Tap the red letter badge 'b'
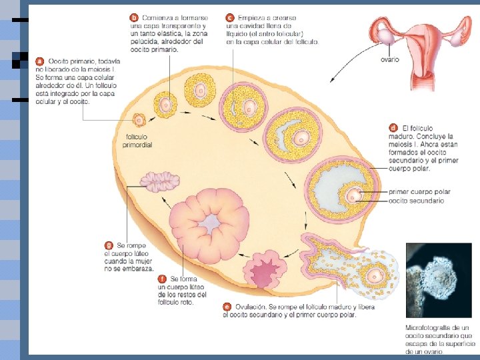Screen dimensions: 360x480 [x=134, y=17]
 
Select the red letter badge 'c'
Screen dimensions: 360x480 [x=229, y=17]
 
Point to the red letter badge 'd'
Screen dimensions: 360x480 [x=393, y=127]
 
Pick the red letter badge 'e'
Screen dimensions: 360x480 [x=227, y=307]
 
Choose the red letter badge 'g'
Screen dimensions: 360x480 [x=109, y=245]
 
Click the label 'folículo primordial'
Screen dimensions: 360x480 [x=139, y=141]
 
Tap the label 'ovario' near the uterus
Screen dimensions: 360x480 [x=389, y=59]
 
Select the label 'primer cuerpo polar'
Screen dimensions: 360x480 [x=419, y=192]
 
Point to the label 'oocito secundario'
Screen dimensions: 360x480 [x=416, y=201]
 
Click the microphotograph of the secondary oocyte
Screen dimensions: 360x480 [x=438, y=279]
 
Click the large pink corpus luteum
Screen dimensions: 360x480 [x=209, y=223]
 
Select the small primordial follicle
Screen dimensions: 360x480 [x=139, y=121]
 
